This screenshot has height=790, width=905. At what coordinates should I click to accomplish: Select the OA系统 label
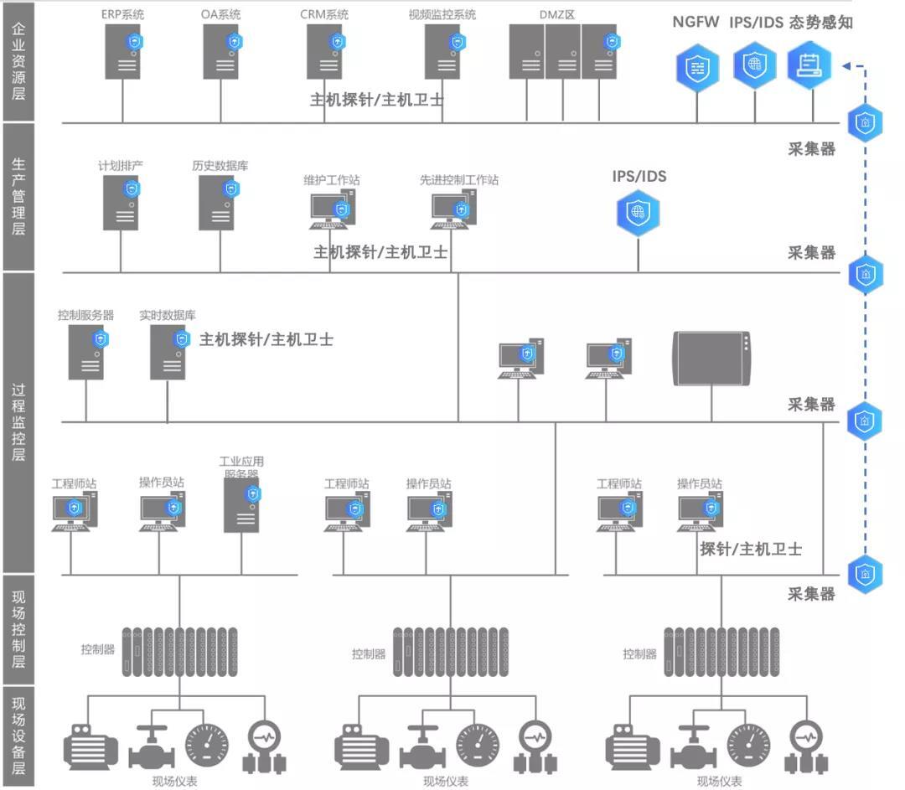[221, 15]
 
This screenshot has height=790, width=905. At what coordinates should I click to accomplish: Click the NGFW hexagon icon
[697, 67]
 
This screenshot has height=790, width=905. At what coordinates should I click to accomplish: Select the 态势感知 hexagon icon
[809, 65]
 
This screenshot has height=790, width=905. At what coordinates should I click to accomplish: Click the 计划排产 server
[120, 202]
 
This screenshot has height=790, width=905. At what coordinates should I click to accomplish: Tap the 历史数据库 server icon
[216, 202]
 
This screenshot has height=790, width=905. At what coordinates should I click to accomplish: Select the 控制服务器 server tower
[85, 352]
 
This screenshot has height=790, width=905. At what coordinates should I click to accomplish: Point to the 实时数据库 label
[168, 316]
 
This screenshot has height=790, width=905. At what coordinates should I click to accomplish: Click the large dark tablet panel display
[711, 359]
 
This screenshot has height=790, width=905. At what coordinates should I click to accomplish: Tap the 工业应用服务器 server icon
[241, 507]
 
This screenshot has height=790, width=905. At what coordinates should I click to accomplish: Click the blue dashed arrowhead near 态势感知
[847, 65]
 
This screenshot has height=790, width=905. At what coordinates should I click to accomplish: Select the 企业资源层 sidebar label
[18, 61]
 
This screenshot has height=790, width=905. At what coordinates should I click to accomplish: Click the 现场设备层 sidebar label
[18, 736]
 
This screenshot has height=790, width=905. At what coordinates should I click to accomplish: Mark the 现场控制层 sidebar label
[18, 631]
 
